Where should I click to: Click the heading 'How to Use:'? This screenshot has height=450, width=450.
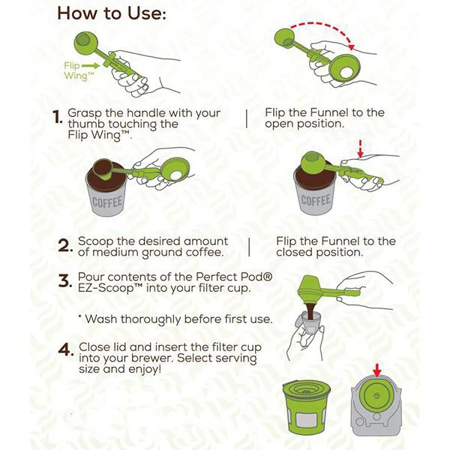(x=111, y=13)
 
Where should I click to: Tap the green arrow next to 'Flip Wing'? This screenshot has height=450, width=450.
(x=91, y=66)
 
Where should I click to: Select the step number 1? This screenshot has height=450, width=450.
(x=58, y=117)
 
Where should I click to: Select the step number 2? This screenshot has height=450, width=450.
(x=64, y=246)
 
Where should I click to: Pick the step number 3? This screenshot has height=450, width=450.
(x=64, y=281)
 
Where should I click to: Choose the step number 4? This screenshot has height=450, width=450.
(x=65, y=349)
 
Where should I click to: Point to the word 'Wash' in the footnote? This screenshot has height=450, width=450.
(x=101, y=319)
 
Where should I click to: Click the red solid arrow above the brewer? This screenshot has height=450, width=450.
(x=377, y=370)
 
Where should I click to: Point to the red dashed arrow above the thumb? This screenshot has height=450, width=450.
(x=361, y=149)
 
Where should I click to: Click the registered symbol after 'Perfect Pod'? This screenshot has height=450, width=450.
(x=268, y=277)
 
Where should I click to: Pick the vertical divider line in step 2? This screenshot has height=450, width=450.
(x=249, y=247)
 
